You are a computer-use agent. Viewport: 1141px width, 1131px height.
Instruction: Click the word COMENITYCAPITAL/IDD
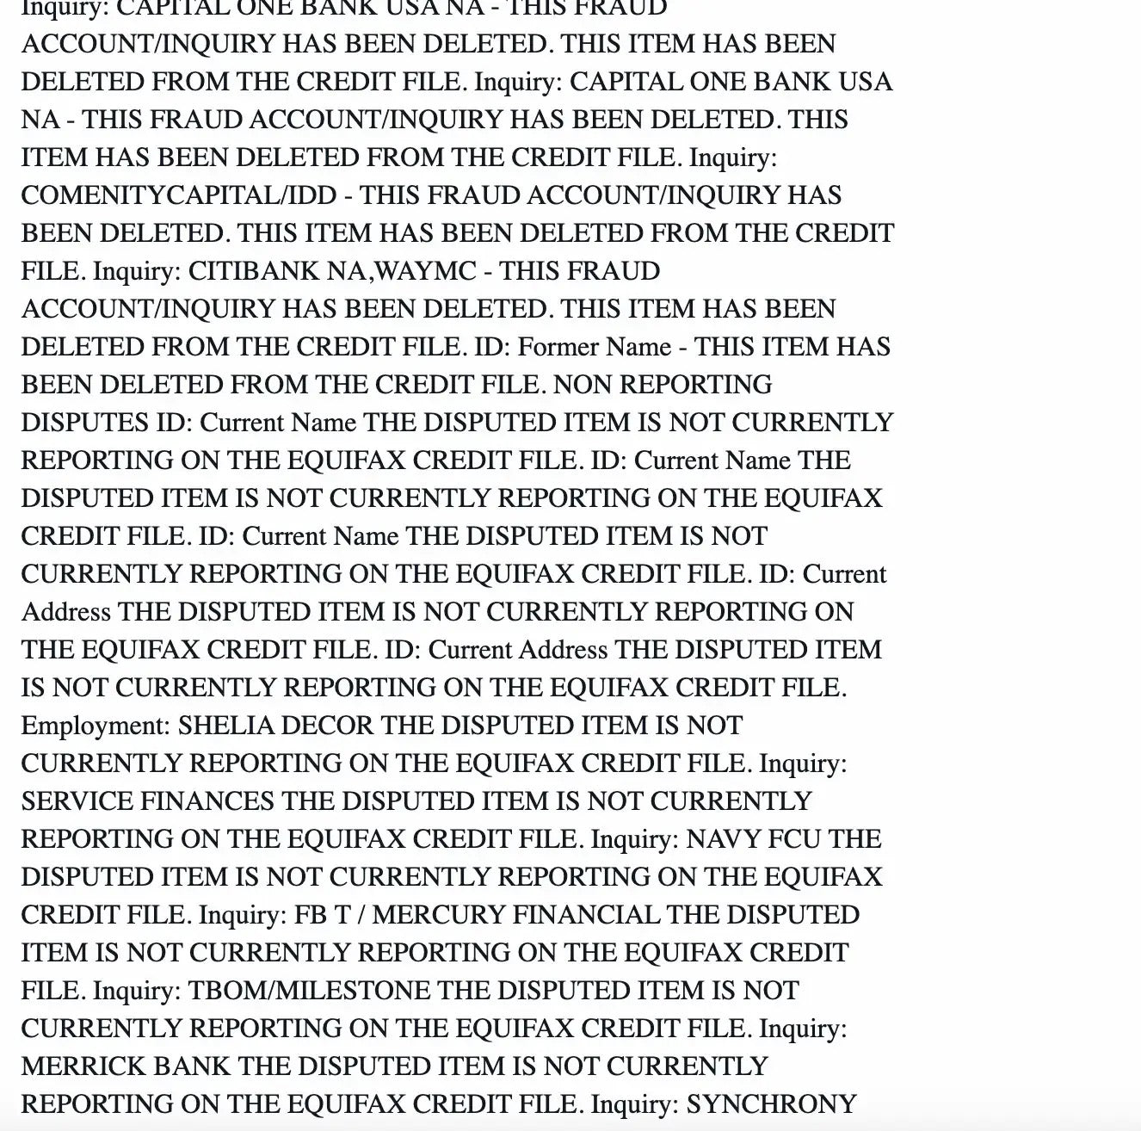(179, 195)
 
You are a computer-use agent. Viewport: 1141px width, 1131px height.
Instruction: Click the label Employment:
(96, 726)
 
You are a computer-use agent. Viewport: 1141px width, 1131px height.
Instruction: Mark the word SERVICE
(77, 801)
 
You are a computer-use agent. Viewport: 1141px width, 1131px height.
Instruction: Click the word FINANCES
(207, 801)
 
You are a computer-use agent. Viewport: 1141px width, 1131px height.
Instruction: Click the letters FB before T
(311, 915)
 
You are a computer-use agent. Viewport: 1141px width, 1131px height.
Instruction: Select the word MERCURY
(439, 915)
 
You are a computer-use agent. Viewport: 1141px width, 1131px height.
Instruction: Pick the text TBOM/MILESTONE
(309, 991)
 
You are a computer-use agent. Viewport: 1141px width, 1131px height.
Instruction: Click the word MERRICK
(83, 1066)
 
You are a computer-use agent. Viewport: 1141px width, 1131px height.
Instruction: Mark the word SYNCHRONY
(771, 1104)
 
